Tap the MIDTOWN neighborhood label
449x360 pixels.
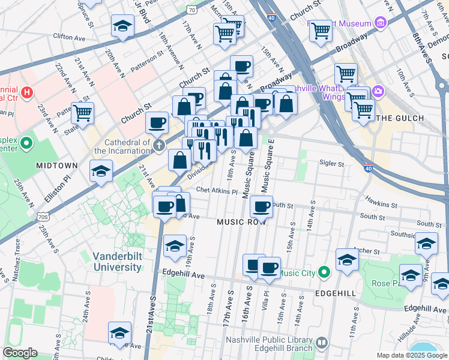56,165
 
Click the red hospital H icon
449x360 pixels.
27,93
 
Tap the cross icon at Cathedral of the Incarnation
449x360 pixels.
158,145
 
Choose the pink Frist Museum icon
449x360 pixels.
379,23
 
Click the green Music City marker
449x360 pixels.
324,273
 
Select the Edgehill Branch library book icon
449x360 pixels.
322,344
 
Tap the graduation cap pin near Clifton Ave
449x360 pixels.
122,26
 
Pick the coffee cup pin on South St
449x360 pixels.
261,207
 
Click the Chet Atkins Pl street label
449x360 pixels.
217,189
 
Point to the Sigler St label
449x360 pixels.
332,163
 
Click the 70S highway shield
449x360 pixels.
43,216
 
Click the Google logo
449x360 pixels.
20,353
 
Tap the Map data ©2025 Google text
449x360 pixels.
411,355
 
